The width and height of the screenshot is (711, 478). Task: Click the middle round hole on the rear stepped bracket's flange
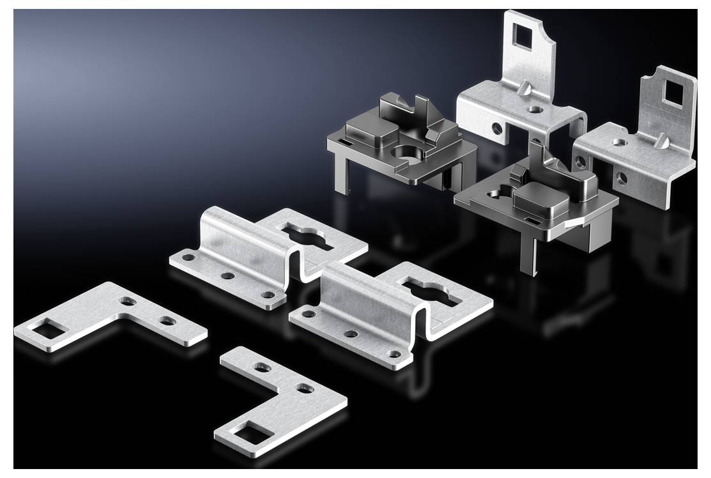coord(227,277)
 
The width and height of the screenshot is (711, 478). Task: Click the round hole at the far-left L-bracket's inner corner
coord(132,300)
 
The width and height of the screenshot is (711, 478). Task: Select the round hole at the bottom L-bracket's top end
coord(261,367)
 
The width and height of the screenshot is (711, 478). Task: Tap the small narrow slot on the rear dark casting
coord(345,141)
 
